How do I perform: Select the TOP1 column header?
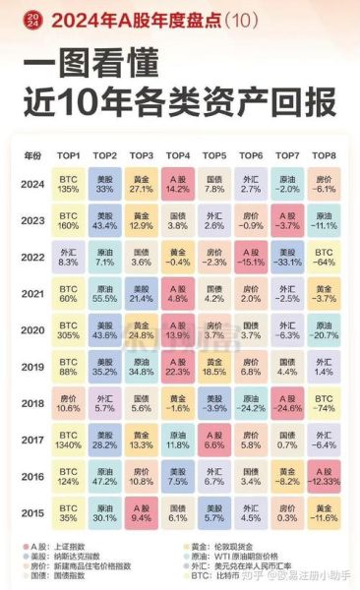pyautogui.click(x=69, y=155)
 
